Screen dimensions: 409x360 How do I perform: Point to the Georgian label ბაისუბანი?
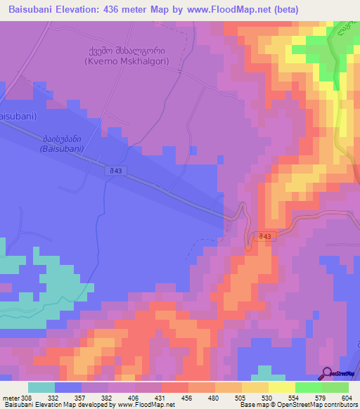click(62, 138)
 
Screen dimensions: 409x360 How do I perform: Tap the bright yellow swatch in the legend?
click(282, 387)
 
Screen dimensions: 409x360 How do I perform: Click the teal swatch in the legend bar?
click(41, 387)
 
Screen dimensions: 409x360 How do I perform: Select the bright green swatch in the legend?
click(309, 387)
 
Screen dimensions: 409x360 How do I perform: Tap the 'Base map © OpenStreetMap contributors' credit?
click(298, 405)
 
